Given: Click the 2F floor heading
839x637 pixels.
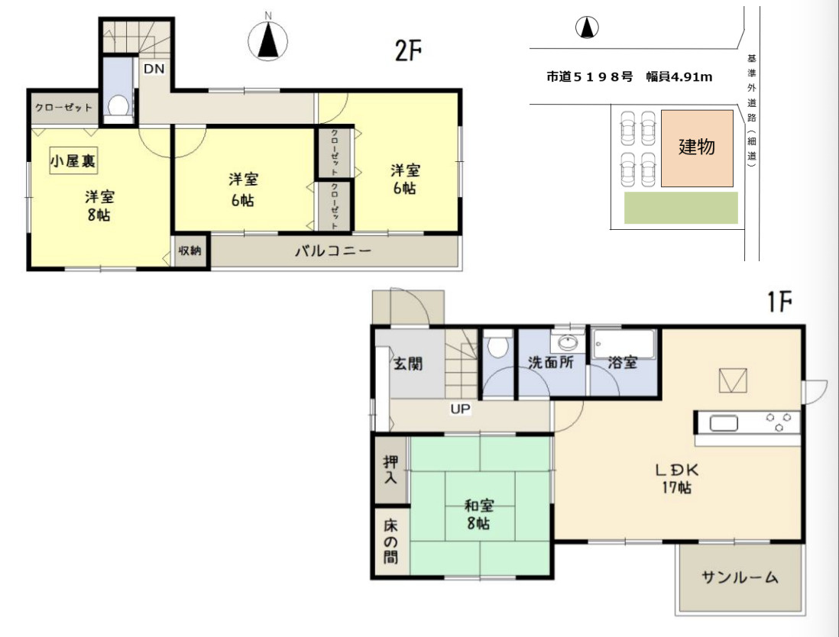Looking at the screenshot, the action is (x=408, y=51).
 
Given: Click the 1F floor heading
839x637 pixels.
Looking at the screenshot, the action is (x=779, y=302).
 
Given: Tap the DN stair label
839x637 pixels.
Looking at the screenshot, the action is (x=154, y=69).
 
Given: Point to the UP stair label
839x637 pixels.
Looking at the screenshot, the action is (x=460, y=409).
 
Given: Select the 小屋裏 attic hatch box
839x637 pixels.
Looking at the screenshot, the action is (x=73, y=160).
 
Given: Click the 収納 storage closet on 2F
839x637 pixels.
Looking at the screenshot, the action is (x=190, y=250).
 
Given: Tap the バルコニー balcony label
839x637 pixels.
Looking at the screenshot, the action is (x=333, y=251).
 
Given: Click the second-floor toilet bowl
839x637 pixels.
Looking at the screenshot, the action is (x=118, y=106).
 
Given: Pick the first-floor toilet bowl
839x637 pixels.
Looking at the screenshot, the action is (x=497, y=347).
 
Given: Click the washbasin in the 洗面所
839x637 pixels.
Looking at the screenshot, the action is (x=568, y=341).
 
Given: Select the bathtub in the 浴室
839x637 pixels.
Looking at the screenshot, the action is (x=624, y=345).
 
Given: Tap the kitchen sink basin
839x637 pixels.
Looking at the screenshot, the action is (x=724, y=422).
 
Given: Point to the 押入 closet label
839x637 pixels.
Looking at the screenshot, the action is (x=390, y=470).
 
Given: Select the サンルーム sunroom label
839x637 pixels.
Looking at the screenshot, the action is (x=740, y=577).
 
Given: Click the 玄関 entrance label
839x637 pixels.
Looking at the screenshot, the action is (x=408, y=364).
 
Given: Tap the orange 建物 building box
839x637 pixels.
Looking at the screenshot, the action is (x=697, y=148).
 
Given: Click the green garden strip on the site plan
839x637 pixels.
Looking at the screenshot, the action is (x=681, y=208).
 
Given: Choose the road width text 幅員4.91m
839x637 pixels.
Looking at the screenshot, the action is (x=679, y=77).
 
